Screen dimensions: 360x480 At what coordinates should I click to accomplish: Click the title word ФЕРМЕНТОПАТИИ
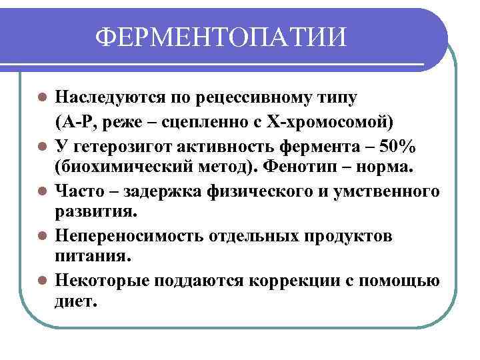coord(222,37)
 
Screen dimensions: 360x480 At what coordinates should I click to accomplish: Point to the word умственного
coord(391,192)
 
